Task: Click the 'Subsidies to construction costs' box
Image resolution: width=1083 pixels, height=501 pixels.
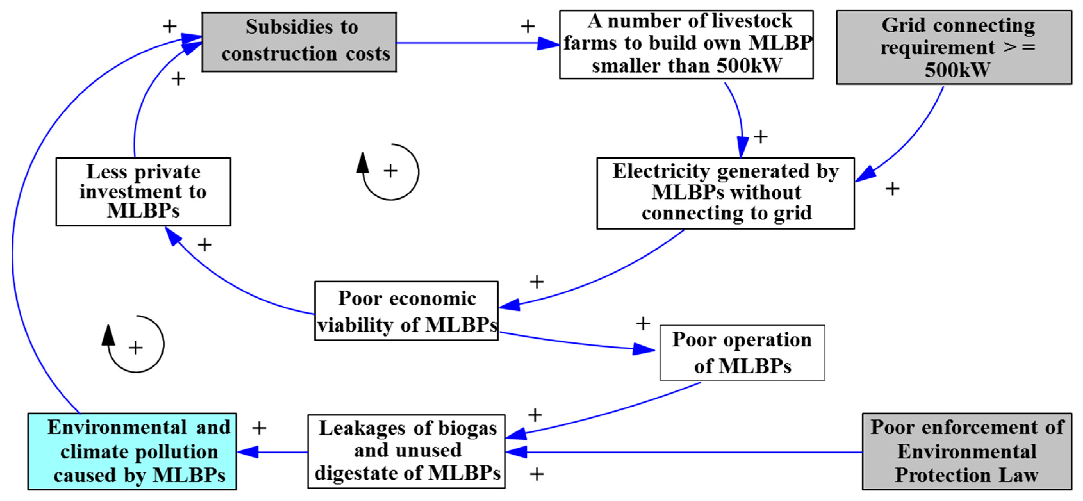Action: click(x=299, y=42)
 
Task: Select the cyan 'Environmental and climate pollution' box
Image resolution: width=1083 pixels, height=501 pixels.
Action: click(x=132, y=451)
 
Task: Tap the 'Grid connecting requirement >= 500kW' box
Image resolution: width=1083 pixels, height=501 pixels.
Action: click(x=954, y=47)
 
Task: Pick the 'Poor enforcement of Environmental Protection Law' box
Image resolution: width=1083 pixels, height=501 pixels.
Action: click(x=966, y=451)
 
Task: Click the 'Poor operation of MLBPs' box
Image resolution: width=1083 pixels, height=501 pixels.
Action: click(x=742, y=353)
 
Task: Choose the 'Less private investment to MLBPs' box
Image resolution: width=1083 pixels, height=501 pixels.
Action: click(x=143, y=192)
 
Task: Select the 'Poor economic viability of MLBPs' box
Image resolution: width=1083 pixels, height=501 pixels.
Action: click(x=406, y=311)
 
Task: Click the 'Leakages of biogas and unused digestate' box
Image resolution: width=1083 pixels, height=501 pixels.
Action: click(x=406, y=451)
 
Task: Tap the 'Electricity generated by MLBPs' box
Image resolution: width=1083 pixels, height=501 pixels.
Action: click(x=725, y=193)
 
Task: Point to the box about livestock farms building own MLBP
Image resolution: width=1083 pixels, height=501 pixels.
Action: click(x=686, y=44)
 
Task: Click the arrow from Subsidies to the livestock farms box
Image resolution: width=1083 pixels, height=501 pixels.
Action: click(x=475, y=43)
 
